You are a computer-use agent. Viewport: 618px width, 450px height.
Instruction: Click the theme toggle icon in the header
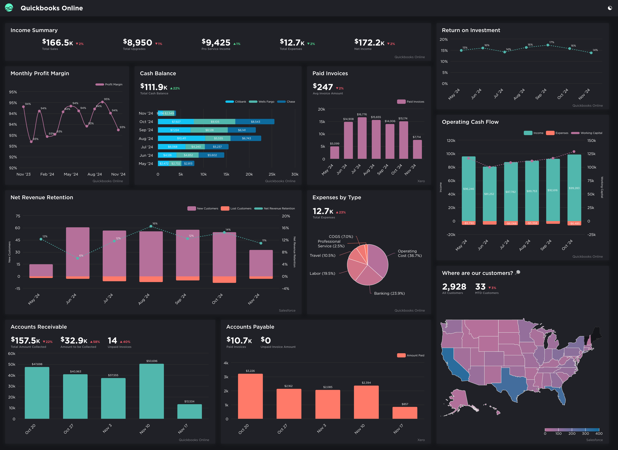tap(610, 8)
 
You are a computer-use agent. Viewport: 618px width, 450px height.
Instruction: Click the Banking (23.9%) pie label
tap(389, 293)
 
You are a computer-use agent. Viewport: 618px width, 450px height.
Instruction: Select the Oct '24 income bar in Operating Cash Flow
tap(574, 188)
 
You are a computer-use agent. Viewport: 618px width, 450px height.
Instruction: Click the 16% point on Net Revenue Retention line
tap(151, 226)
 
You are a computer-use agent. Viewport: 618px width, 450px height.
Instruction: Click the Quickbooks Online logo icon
tap(9, 8)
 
